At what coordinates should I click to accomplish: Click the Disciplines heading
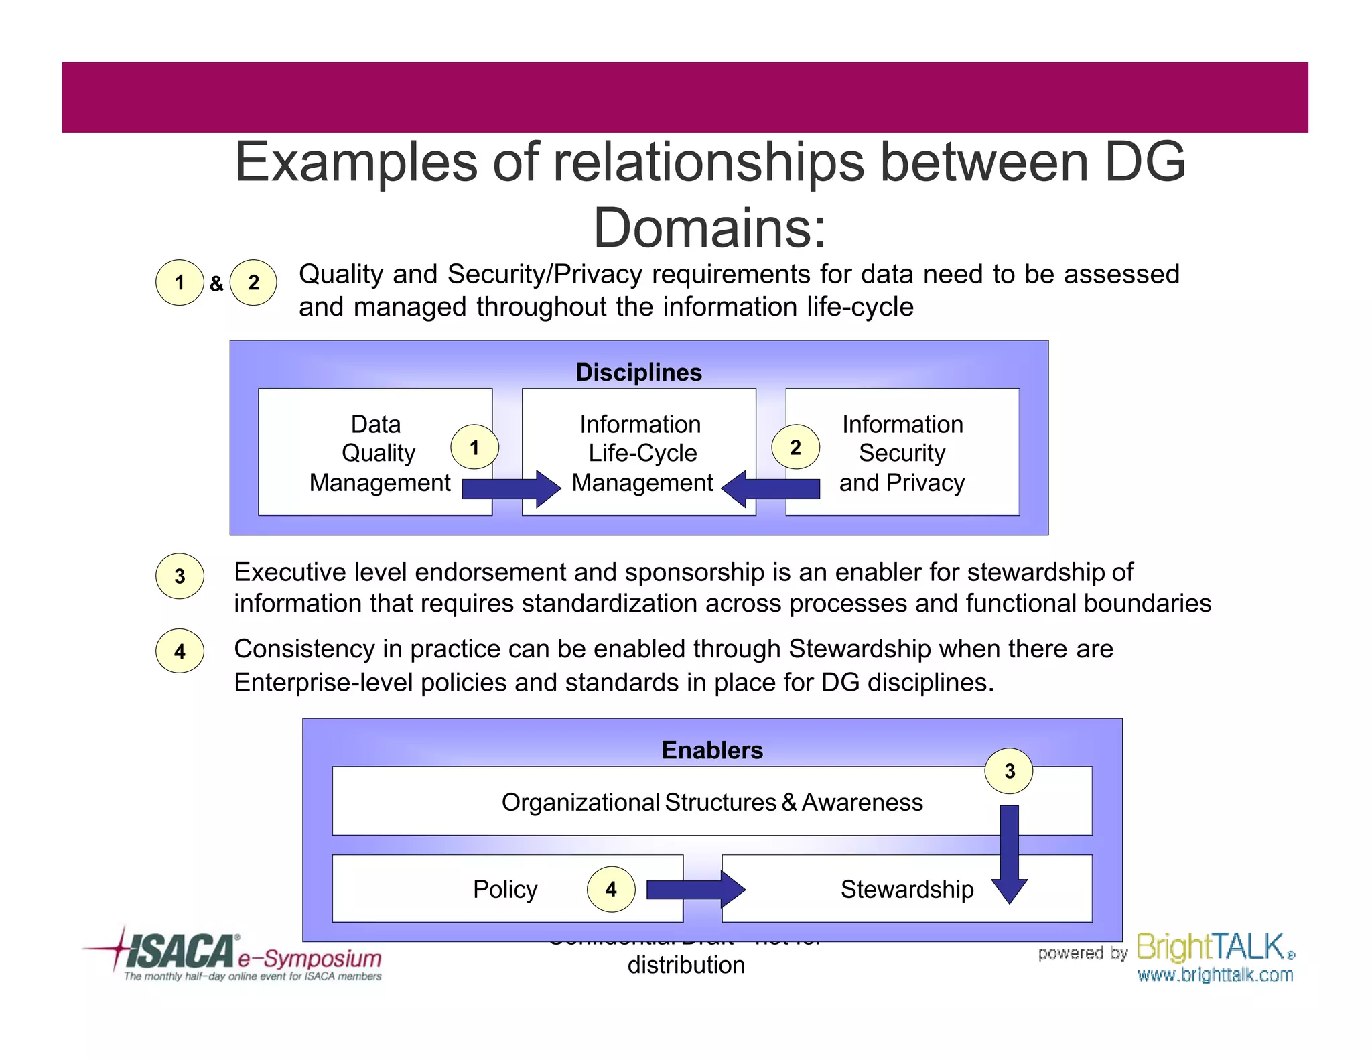(638, 373)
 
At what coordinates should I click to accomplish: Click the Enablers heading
(712, 750)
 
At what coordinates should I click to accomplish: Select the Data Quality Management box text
(379, 454)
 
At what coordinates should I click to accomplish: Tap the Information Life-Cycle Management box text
(641, 454)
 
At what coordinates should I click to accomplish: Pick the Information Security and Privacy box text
(902, 454)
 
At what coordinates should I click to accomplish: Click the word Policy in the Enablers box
(505, 890)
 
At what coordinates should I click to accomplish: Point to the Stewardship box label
(907, 890)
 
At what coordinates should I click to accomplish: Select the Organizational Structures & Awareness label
(712, 803)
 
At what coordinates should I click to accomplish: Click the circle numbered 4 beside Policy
(611, 890)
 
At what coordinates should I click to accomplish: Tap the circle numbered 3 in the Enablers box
(1009, 771)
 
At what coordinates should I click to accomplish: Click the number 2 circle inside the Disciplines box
(795, 447)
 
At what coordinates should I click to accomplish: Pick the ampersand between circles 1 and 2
(216, 283)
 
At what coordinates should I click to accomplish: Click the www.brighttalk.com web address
(1215, 975)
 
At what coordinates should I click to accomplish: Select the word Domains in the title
(709, 228)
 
